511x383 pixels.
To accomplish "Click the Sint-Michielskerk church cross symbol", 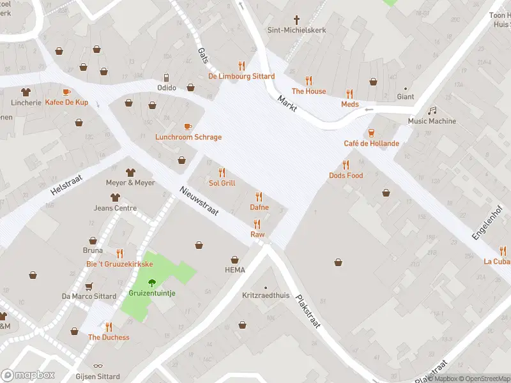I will click(x=296, y=20).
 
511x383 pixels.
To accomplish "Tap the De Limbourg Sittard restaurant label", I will click(x=241, y=77).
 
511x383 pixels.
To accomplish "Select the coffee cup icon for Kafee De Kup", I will click(x=66, y=92).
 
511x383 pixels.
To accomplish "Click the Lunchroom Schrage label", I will click(x=188, y=137).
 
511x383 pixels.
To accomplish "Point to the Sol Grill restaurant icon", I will click(x=222, y=172).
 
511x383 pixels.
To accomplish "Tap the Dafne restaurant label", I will click(x=259, y=207).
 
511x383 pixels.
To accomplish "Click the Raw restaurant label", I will click(x=257, y=235).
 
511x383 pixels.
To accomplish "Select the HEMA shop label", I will click(x=234, y=270).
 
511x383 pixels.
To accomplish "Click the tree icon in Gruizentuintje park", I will click(x=152, y=282).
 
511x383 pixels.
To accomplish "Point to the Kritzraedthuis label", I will click(x=266, y=296).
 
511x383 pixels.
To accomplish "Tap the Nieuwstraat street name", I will click(x=199, y=201).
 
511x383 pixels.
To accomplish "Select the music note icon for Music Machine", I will click(x=432, y=111).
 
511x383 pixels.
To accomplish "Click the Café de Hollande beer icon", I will click(x=371, y=133).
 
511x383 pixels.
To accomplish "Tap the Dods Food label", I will click(x=346, y=176).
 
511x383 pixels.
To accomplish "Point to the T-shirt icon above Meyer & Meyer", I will click(x=130, y=172).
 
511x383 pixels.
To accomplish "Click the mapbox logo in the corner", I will click(x=28, y=375).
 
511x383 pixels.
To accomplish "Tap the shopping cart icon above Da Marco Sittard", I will click(x=89, y=286).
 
